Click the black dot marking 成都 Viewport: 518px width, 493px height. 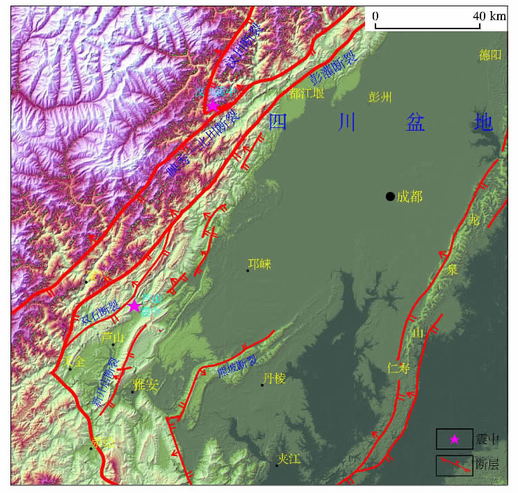click(390, 196)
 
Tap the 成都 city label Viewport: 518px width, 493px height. click(410, 197)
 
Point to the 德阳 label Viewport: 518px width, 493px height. click(489, 55)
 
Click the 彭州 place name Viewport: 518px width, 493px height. click(380, 96)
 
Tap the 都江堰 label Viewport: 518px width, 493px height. click(308, 92)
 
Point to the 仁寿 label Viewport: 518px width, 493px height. click(398, 370)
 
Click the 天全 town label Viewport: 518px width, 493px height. click(75, 361)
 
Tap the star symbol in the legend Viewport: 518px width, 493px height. click(454, 439)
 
